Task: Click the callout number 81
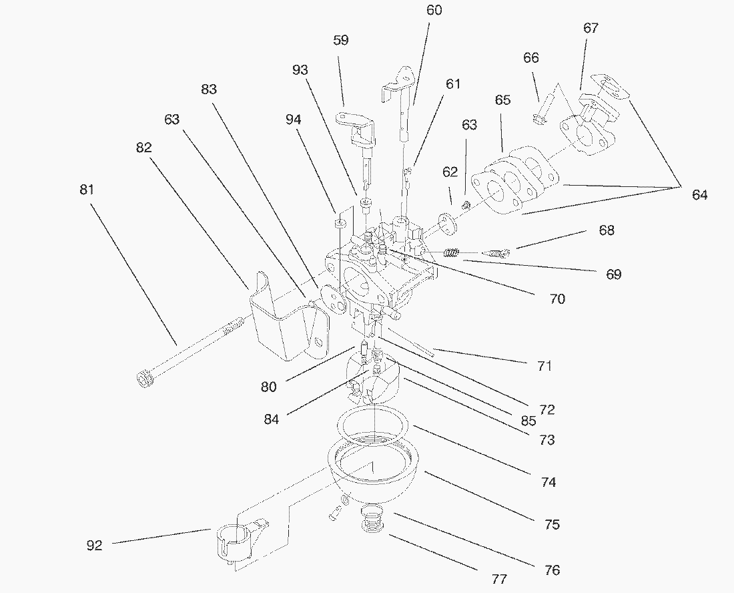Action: [x=87, y=190]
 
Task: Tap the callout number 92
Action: [x=95, y=546]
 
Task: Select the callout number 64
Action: [x=699, y=195]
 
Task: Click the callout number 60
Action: [x=434, y=11]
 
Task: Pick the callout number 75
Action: [x=552, y=524]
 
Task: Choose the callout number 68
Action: [x=607, y=230]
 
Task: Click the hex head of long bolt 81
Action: [x=144, y=380]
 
